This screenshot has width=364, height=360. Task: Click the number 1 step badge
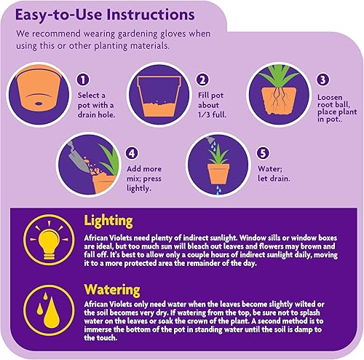pyautogui.click(x=83, y=80)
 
